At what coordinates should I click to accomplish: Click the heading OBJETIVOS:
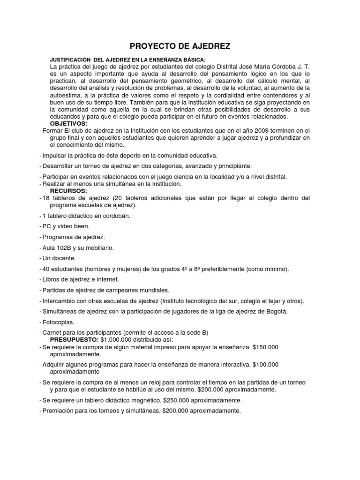(x=68, y=123)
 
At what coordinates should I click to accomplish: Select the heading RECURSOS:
(x=68, y=191)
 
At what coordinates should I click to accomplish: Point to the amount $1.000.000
(x=117, y=339)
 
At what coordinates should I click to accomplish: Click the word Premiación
(x=60, y=411)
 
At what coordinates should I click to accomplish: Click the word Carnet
(x=52, y=332)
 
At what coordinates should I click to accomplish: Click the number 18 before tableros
(x=46, y=198)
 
